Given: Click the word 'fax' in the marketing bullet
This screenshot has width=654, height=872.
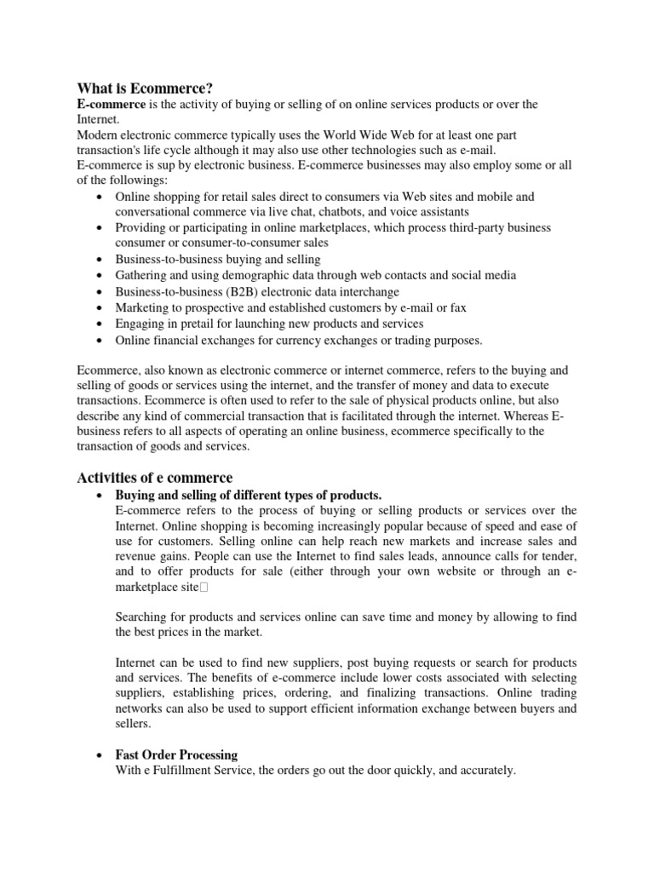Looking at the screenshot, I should [x=457, y=307].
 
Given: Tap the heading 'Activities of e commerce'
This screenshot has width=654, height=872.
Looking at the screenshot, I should [x=155, y=477].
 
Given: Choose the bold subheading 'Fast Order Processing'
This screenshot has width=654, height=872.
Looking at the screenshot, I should [x=176, y=754].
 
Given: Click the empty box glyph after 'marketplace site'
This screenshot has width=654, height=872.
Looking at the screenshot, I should [x=204, y=588].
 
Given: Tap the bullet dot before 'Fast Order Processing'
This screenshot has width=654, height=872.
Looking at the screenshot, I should [x=100, y=755].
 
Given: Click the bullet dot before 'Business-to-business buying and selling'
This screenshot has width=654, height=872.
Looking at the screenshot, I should [x=100, y=260].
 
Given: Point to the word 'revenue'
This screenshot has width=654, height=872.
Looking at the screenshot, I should [x=135, y=557].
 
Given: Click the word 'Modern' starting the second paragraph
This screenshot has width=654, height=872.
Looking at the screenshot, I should [x=99, y=135].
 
